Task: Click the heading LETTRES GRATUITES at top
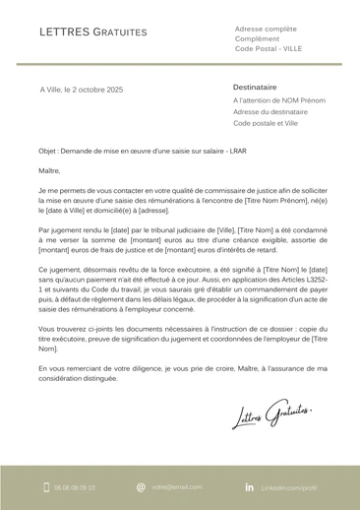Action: [93, 32]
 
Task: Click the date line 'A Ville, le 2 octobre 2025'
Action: [82, 91]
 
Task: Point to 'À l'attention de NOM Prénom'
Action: [279, 100]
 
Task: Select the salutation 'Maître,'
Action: [50, 170]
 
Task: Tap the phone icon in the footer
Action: [44, 486]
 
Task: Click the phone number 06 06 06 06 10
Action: [76, 486]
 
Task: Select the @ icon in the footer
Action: [141, 486]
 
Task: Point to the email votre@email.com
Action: [177, 486]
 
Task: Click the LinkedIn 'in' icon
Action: [249, 486]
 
